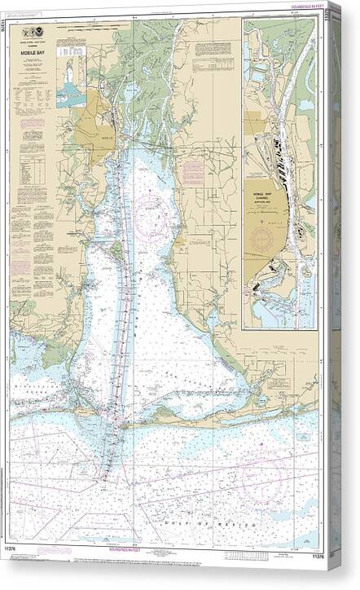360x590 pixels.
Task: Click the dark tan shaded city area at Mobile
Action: [x=94, y=126]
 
